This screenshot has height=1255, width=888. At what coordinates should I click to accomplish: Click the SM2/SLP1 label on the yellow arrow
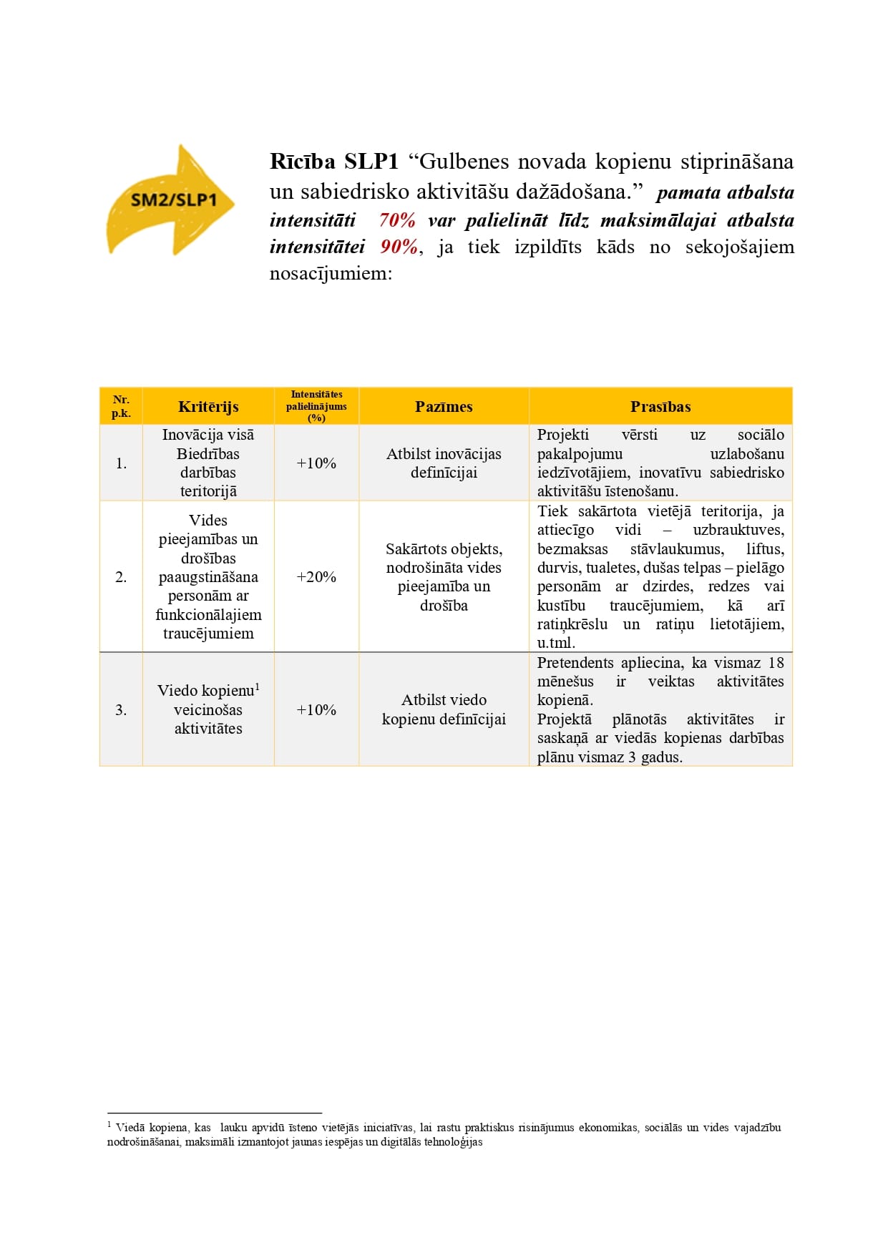173,200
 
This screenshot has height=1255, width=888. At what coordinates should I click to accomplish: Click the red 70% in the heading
397,220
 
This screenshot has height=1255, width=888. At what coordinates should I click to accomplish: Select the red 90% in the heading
399,247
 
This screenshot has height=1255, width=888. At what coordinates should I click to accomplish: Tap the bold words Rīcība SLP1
333,162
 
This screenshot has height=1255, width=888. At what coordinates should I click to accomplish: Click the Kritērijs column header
208,407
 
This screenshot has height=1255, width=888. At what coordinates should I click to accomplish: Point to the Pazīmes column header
444,407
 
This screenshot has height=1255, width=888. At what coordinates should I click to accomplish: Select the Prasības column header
660,407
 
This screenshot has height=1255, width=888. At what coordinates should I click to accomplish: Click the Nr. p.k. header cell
121,406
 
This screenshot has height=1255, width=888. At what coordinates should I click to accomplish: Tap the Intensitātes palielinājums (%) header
316,406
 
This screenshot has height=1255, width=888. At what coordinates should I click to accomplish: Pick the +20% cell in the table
316,577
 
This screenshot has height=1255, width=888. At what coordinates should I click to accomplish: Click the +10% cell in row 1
316,463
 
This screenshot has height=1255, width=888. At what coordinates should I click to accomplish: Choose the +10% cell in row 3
316,710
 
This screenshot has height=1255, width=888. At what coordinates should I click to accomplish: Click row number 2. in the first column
121,577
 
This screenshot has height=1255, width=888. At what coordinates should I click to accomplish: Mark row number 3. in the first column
121,710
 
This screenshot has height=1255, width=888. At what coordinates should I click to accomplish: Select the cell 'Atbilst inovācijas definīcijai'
444,463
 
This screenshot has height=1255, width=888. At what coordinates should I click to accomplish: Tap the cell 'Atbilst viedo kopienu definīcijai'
444,709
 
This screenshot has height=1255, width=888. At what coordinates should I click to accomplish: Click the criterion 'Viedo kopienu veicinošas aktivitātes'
208,709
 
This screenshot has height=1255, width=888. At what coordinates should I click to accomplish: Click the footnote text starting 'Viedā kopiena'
444,1134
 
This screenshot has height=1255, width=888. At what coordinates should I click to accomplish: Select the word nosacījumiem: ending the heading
331,274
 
